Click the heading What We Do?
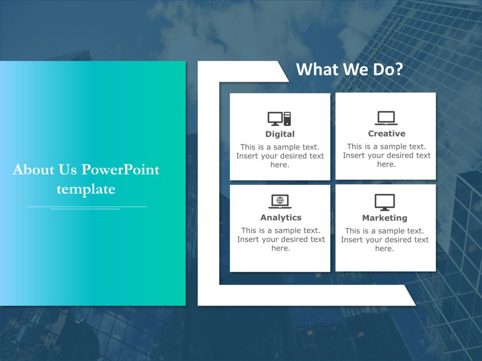click(x=349, y=70)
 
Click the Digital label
click(x=280, y=134)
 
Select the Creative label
click(x=386, y=133)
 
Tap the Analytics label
click(x=281, y=217)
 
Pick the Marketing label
click(x=385, y=218)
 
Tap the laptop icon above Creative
click(x=386, y=118)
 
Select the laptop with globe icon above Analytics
click(x=280, y=201)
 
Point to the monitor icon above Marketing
click(x=385, y=202)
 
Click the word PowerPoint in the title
click(x=120, y=170)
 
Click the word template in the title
click(x=86, y=189)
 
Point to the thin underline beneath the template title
click(x=87, y=207)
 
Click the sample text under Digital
click(x=280, y=156)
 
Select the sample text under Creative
click(x=386, y=155)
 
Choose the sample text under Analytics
click(x=281, y=239)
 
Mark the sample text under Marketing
click(x=385, y=240)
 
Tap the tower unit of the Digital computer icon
click(x=287, y=118)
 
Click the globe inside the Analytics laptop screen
click(x=280, y=200)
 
